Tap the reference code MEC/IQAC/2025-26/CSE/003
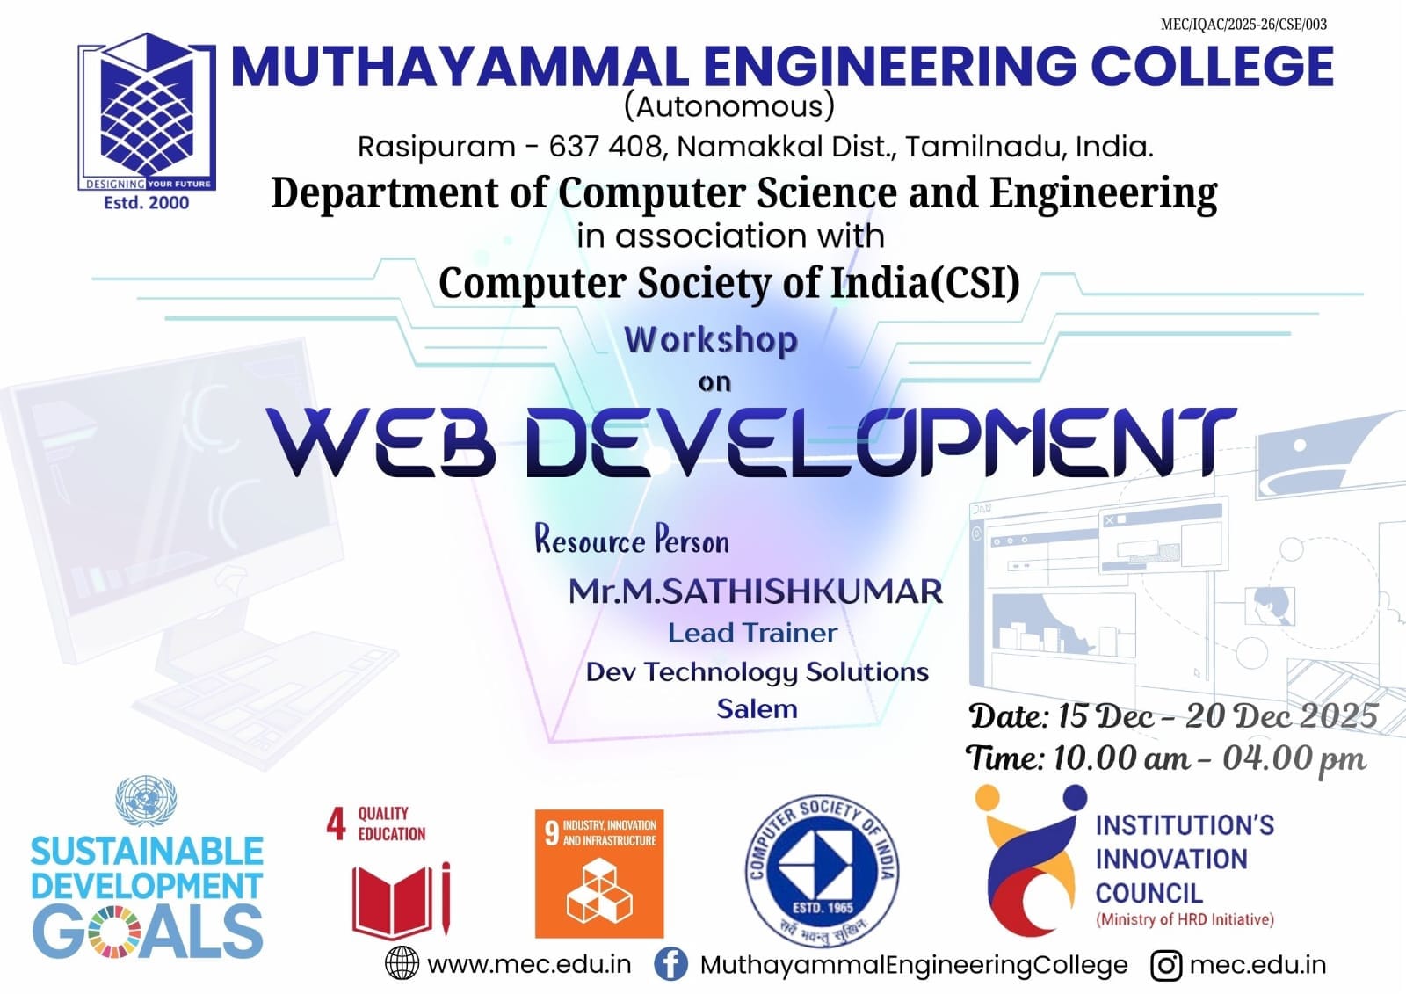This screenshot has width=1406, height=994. click(x=1243, y=25)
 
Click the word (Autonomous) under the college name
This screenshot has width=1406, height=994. click(x=729, y=106)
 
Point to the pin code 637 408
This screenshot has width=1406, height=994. click(x=605, y=147)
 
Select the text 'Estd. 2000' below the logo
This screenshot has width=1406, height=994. click(x=146, y=203)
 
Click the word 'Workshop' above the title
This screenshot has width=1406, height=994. click(x=711, y=340)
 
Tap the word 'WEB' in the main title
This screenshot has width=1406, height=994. click(x=381, y=442)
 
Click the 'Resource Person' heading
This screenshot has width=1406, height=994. click(x=632, y=540)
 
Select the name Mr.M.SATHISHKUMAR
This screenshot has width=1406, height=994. click(x=755, y=591)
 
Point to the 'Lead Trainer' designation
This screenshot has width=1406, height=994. click(x=752, y=632)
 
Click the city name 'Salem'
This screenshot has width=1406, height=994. click(x=757, y=709)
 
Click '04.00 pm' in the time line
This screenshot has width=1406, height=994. click(x=1294, y=759)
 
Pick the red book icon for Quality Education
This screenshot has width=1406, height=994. click(x=401, y=900)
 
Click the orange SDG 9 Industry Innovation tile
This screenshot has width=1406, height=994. click(x=598, y=874)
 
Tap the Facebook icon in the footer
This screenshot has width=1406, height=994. click(x=670, y=964)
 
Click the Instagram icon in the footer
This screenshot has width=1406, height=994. click(x=1166, y=965)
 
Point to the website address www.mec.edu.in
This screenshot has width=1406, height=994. click(x=529, y=964)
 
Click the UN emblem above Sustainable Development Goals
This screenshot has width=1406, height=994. click(x=146, y=801)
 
